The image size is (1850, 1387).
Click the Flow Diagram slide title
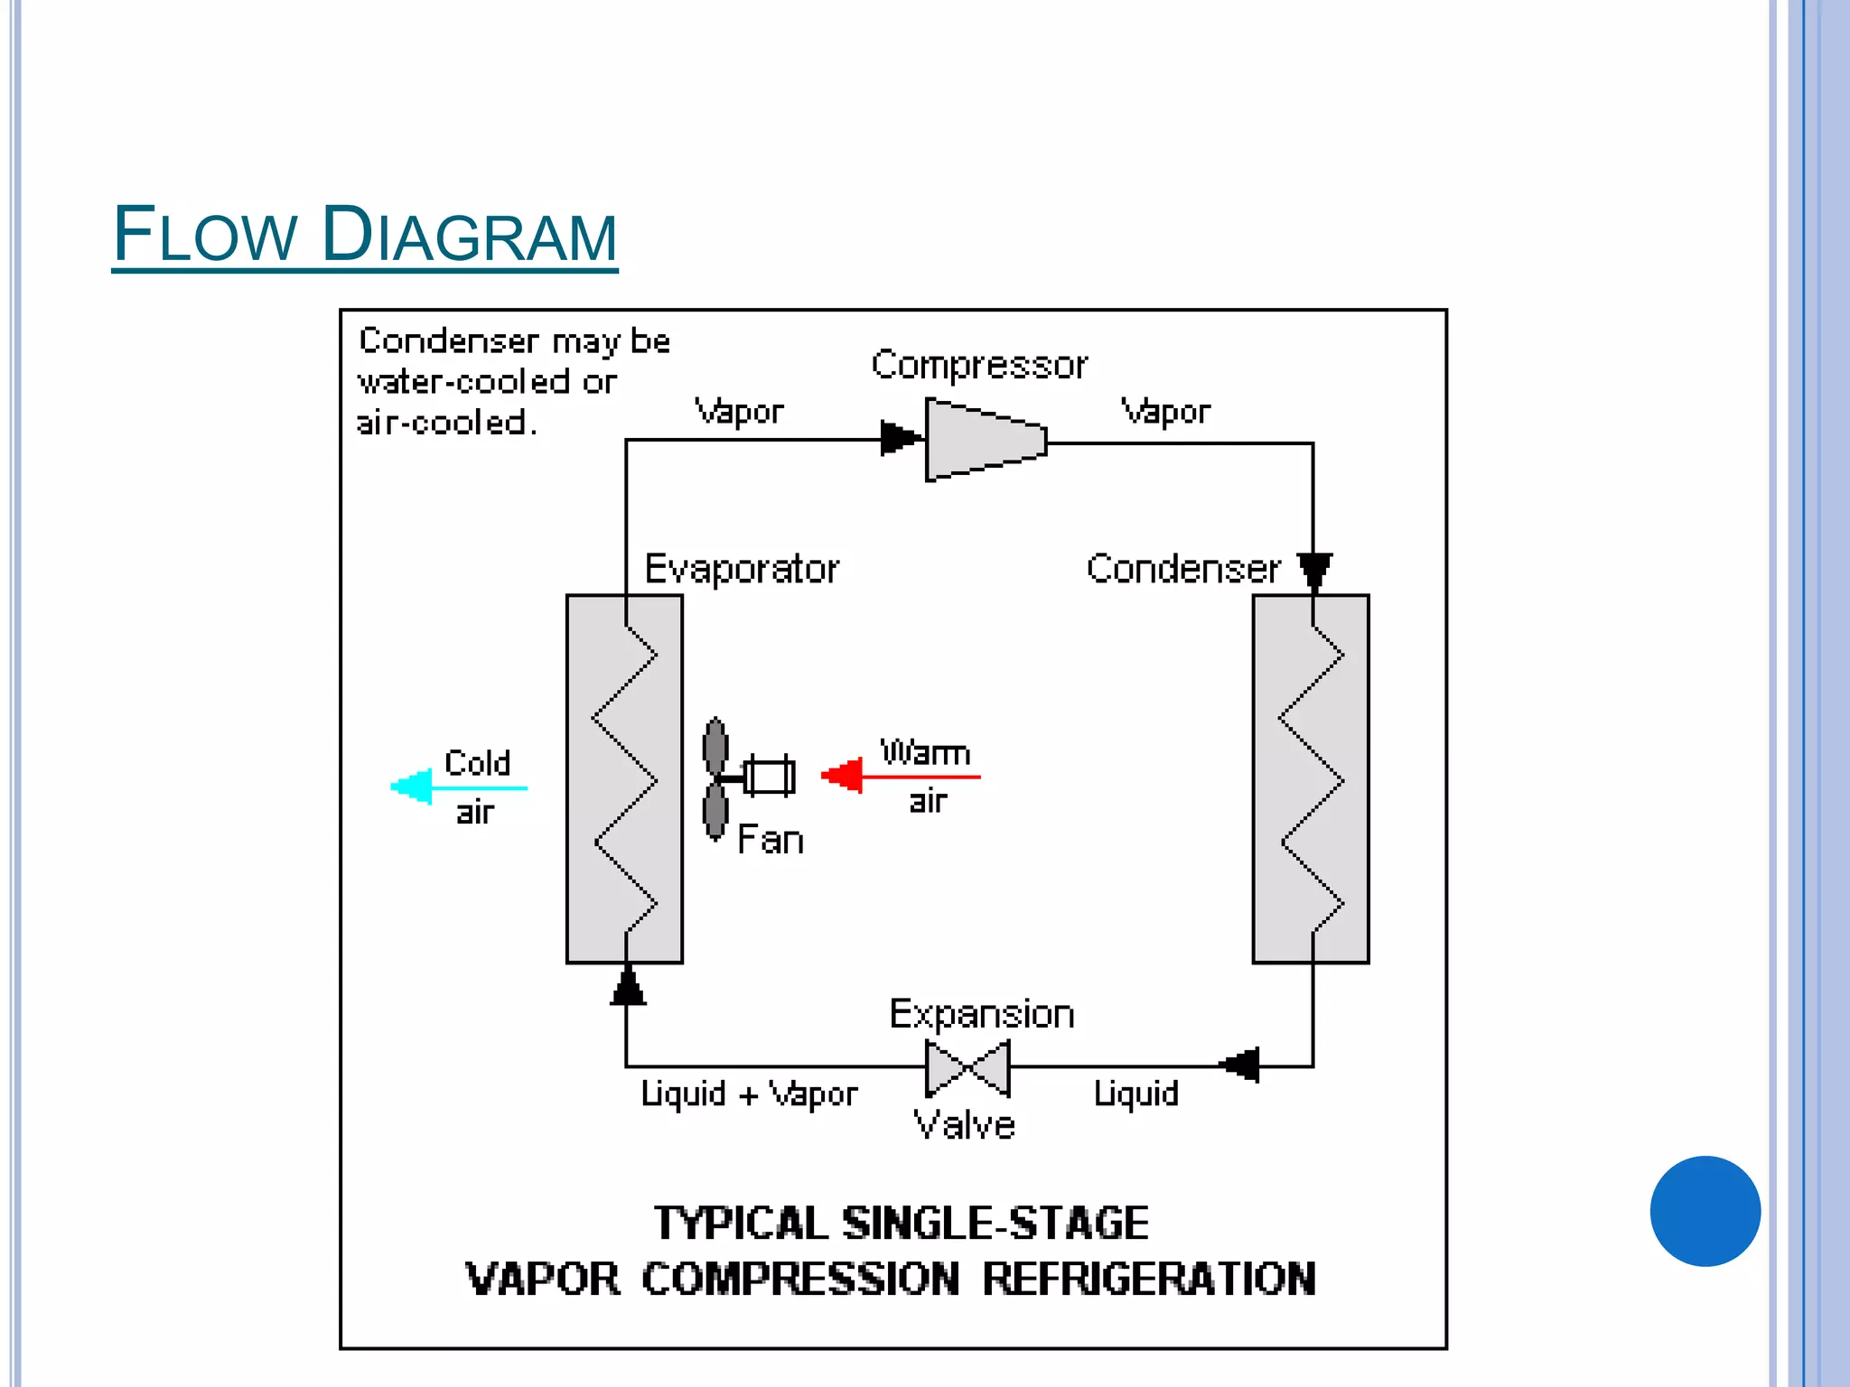click(364, 235)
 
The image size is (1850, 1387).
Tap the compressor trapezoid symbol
click(986, 440)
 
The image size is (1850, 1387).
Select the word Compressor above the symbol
click(979, 365)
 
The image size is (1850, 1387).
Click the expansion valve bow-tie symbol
click(967, 1067)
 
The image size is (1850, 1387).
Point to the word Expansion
click(982, 1015)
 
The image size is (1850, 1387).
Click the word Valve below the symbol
click(964, 1125)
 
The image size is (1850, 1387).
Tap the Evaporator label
click(742, 569)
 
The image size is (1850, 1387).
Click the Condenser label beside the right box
click(1183, 569)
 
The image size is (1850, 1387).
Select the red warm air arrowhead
click(844, 775)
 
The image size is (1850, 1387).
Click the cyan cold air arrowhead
click(413, 787)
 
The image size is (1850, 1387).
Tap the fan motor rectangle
click(770, 776)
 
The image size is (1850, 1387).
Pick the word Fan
click(771, 840)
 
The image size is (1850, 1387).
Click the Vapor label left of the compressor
click(739, 412)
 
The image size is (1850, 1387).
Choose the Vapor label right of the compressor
click(1165, 412)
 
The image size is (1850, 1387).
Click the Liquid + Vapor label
click(749, 1094)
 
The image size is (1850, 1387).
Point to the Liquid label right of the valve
click(1135, 1094)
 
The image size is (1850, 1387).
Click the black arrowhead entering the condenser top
click(1314, 570)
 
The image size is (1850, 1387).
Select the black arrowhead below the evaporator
click(628, 986)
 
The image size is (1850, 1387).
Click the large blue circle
click(1705, 1211)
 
